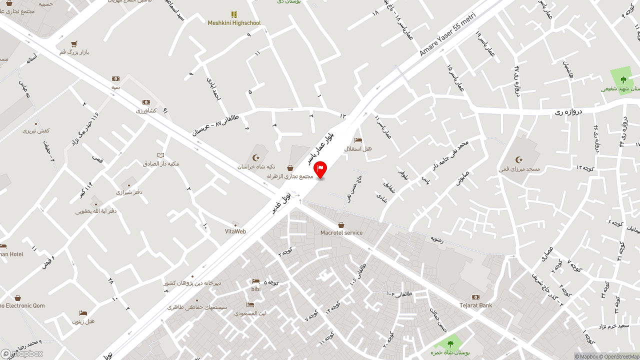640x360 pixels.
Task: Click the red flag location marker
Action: pyautogui.click(x=320, y=169)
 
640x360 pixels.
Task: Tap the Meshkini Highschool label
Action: pyautogui.click(x=234, y=23)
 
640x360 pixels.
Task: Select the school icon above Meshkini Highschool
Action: pyautogui.click(x=234, y=14)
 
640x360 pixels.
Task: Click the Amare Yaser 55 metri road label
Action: pyautogui.click(x=447, y=34)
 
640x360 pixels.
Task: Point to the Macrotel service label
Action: pyautogui.click(x=341, y=233)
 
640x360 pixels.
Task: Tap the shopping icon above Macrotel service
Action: pyautogui.click(x=341, y=225)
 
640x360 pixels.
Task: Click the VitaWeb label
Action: pyautogui.click(x=235, y=231)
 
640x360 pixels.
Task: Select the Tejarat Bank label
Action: pyautogui.click(x=475, y=305)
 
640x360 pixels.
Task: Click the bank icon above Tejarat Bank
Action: pyautogui.click(x=475, y=297)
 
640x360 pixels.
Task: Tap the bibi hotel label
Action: pyautogui.click(x=256, y=289)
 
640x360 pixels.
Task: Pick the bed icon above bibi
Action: pyautogui.click(x=256, y=281)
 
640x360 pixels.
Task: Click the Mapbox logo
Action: pyautogui.click(x=21, y=353)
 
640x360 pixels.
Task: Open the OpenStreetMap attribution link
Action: pyautogui.click(x=621, y=356)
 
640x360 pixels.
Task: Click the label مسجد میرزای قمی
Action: pyautogui.click(x=519, y=169)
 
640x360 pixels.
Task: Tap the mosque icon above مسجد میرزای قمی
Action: pyautogui.click(x=519, y=160)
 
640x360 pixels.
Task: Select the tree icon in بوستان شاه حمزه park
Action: pyautogui.click(x=450, y=344)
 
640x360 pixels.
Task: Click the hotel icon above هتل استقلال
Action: pyautogui.click(x=358, y=140)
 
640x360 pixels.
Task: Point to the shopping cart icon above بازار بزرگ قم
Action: pyautogui.click(x=74, y=44)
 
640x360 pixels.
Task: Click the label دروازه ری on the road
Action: pyautogui.click(x=569, y=112)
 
